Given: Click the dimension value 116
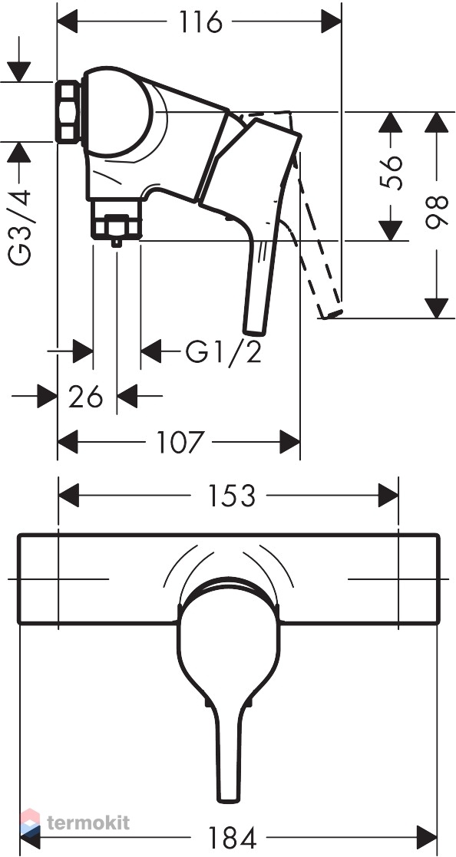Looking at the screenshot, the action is coord(200,22).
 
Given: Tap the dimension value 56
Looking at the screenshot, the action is coord(391,172).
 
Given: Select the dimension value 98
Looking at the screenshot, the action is coord(437,213).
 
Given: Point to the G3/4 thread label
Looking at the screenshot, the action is coord(19,227).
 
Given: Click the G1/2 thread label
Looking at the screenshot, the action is coord(223,352).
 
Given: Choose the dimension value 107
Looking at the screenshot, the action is coord(180,442).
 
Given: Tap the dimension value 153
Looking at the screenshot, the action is coord(231,496).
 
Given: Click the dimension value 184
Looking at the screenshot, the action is coord(232,837).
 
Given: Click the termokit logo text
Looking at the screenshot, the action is coord(88,822).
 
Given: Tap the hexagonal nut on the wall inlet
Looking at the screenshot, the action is coord(69,112).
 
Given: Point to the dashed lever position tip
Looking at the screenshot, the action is coord(330,313).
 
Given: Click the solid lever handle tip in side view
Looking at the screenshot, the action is coord(254,330).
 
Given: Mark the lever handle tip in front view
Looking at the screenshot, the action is coord(229,799).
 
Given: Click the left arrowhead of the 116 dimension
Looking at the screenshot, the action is coord(68,22).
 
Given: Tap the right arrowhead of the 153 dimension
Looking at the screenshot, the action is coord(388,496).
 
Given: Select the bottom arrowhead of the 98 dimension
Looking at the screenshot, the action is coord(437,308).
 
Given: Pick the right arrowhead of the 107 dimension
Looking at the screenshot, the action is coord(289,442).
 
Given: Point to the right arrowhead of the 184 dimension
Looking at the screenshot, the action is coord(427,837).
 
